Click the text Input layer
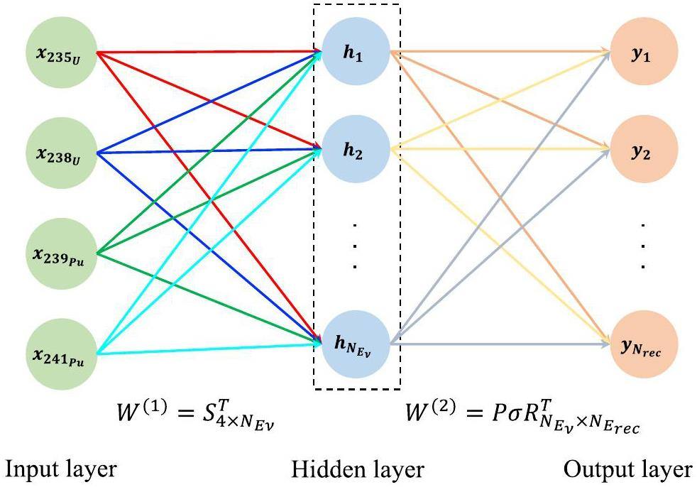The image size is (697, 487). click(60, 469)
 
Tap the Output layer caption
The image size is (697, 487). click(628, 469)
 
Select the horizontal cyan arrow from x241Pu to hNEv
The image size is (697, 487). click(213, 348)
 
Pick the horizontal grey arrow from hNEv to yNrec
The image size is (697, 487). click(497, 344)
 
